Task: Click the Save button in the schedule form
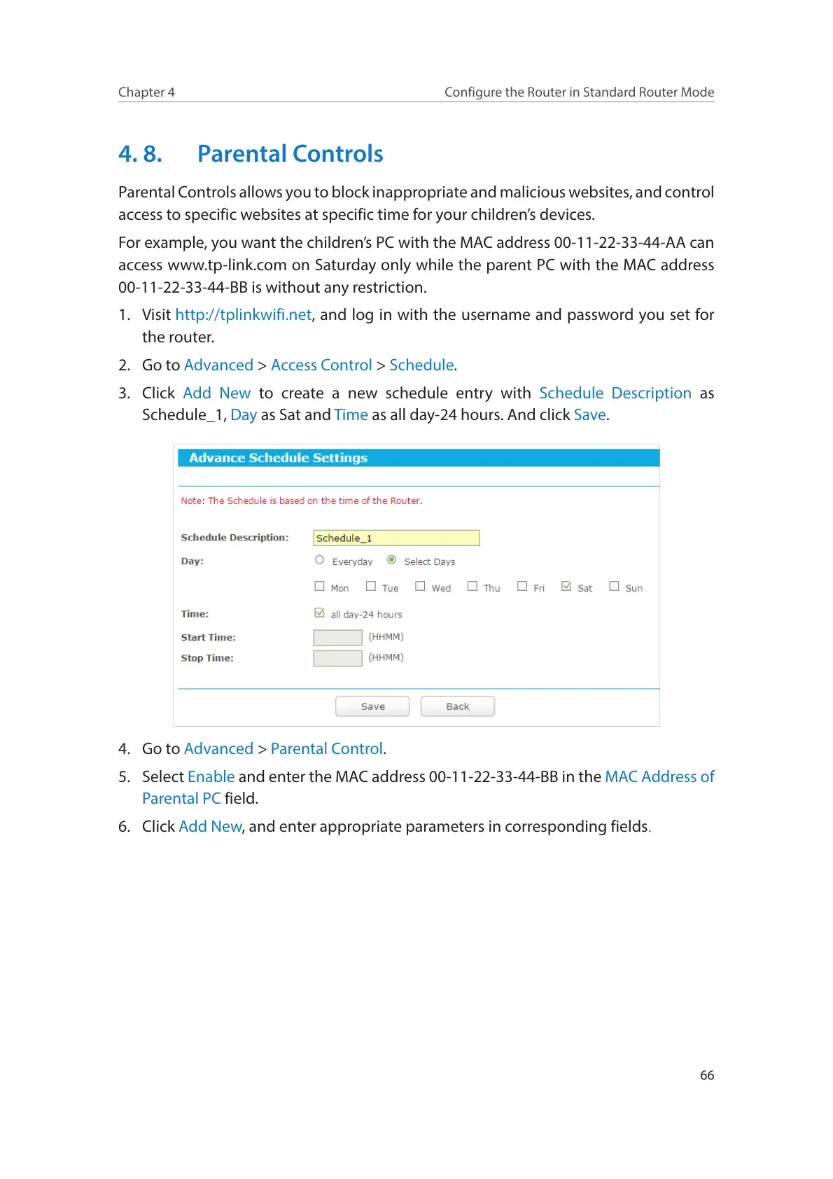372,706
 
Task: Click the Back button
457,706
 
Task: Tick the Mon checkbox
320,587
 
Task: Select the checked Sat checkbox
566,587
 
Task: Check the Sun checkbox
614,587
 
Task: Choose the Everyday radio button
320,560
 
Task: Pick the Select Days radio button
392,560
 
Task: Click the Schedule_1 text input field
395,538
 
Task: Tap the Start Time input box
337,637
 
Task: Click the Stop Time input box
337,658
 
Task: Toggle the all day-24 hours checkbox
320,613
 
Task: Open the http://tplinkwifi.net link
243,315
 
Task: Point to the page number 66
707,1075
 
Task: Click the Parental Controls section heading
290,154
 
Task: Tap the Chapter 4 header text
146,92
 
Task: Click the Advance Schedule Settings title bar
418,458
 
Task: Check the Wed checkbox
420,587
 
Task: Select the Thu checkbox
472,587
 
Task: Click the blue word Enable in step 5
211,776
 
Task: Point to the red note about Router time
302,501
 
